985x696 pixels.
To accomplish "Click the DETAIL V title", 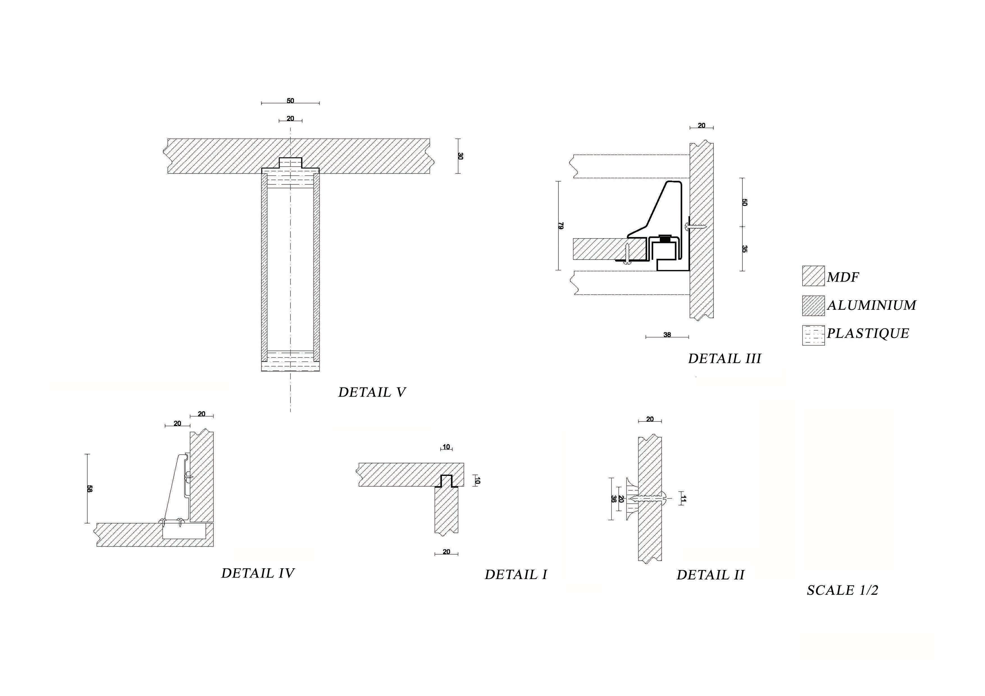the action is [x=371, y=392].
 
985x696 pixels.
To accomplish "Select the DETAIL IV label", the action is [x=258, y=573].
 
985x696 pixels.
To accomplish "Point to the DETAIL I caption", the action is [x=516, y=575].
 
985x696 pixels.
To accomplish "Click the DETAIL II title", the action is [x=710, y=575].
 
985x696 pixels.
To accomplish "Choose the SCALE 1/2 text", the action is [x=843, y=590].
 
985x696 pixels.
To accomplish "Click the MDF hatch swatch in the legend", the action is [x=813, y=276].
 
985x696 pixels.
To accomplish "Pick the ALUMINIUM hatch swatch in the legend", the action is [x=813, y=306].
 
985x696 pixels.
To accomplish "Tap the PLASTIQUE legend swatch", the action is [x=813, y=335].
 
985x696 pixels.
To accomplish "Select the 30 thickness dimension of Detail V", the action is [x=460, y=156].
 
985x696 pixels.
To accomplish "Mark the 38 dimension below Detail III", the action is [x=667, y=335].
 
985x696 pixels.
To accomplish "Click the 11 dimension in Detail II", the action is [x=683, y=499].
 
